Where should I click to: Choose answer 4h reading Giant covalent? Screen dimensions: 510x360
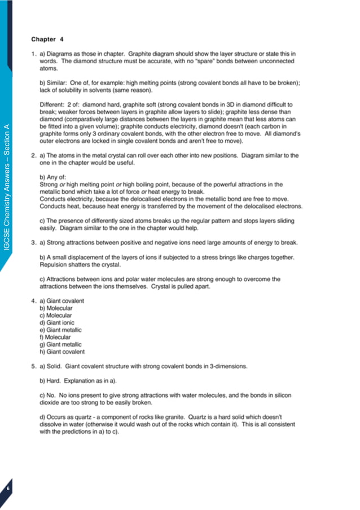click(62, 351)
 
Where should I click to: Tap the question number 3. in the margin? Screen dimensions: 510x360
click(34, 242)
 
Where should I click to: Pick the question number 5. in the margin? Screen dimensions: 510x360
click(34, 366)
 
